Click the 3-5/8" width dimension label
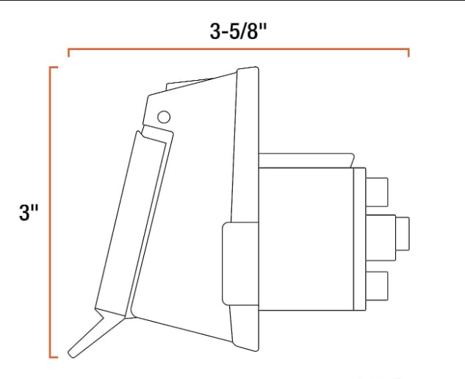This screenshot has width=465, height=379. click(239, 32)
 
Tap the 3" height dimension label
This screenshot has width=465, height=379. click(29, 214)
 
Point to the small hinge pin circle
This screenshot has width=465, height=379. click(165, 116)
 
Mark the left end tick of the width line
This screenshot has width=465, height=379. click(68, 53)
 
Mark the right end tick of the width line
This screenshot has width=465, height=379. click(408, 53)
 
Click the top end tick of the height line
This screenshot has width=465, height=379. click(54, 68)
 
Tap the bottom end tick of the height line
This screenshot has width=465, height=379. click(54, 357)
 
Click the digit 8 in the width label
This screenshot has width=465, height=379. click(258, 32)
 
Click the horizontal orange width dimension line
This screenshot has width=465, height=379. click(239, 49)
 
